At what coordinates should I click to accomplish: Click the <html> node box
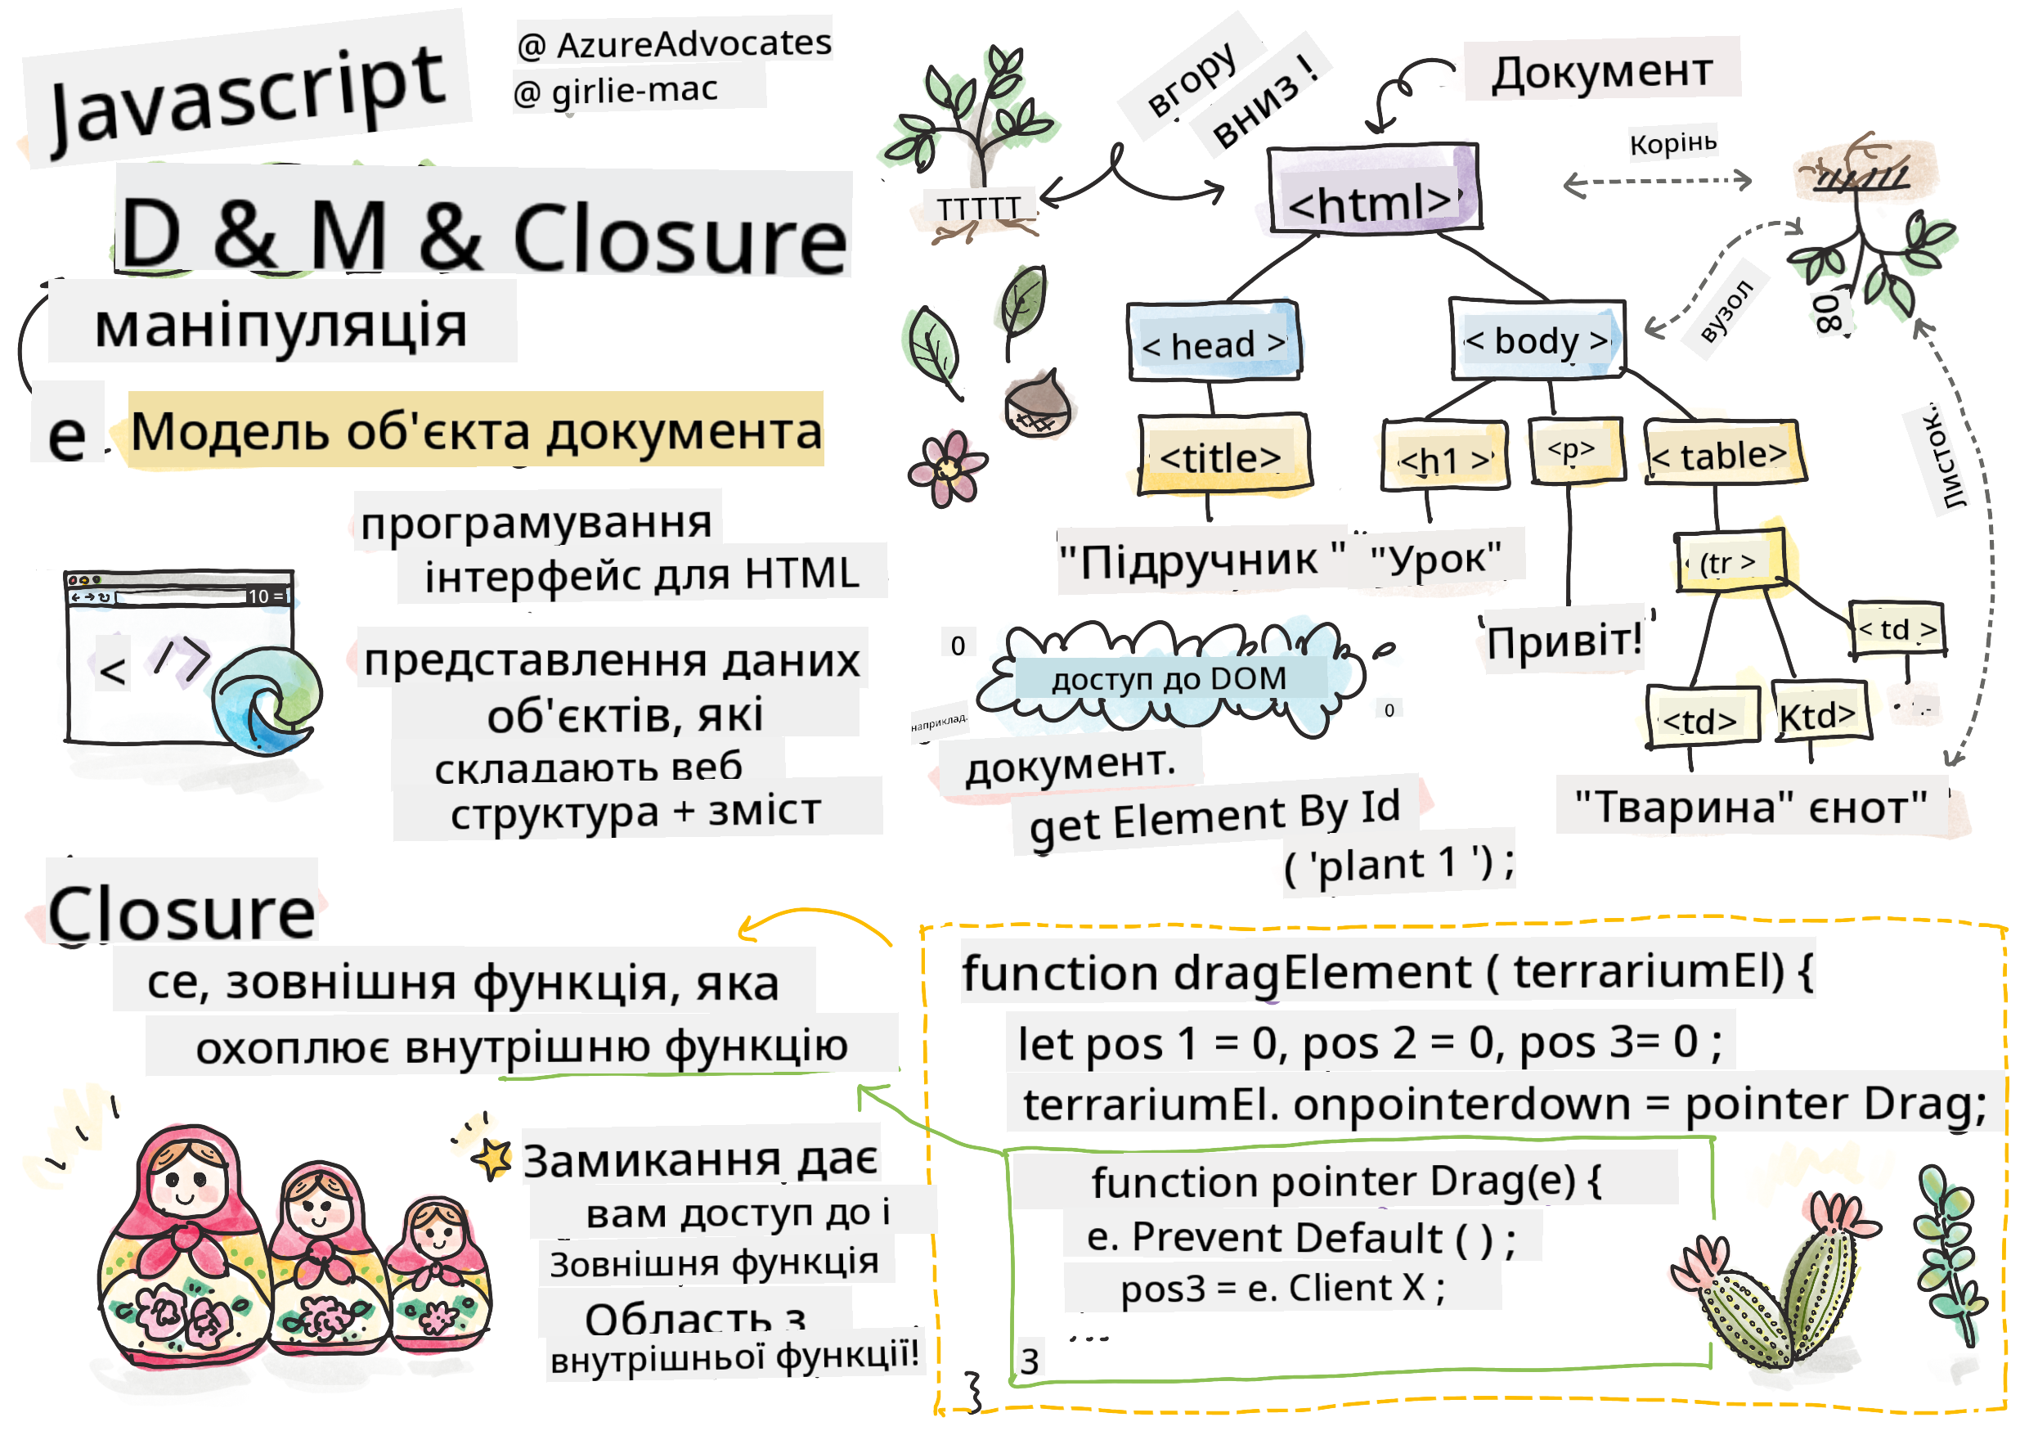(1372, 190)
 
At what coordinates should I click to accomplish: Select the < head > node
(1214, 342)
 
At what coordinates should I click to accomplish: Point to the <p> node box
(1576, 451)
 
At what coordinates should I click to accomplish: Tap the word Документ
(1601, 70)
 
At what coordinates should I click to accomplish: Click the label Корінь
(1673, 142)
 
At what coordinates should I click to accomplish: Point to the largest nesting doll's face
(186, 1180)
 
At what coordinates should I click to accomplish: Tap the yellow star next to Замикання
(492, 1158)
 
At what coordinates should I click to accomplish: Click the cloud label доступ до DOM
(1169, 679)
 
